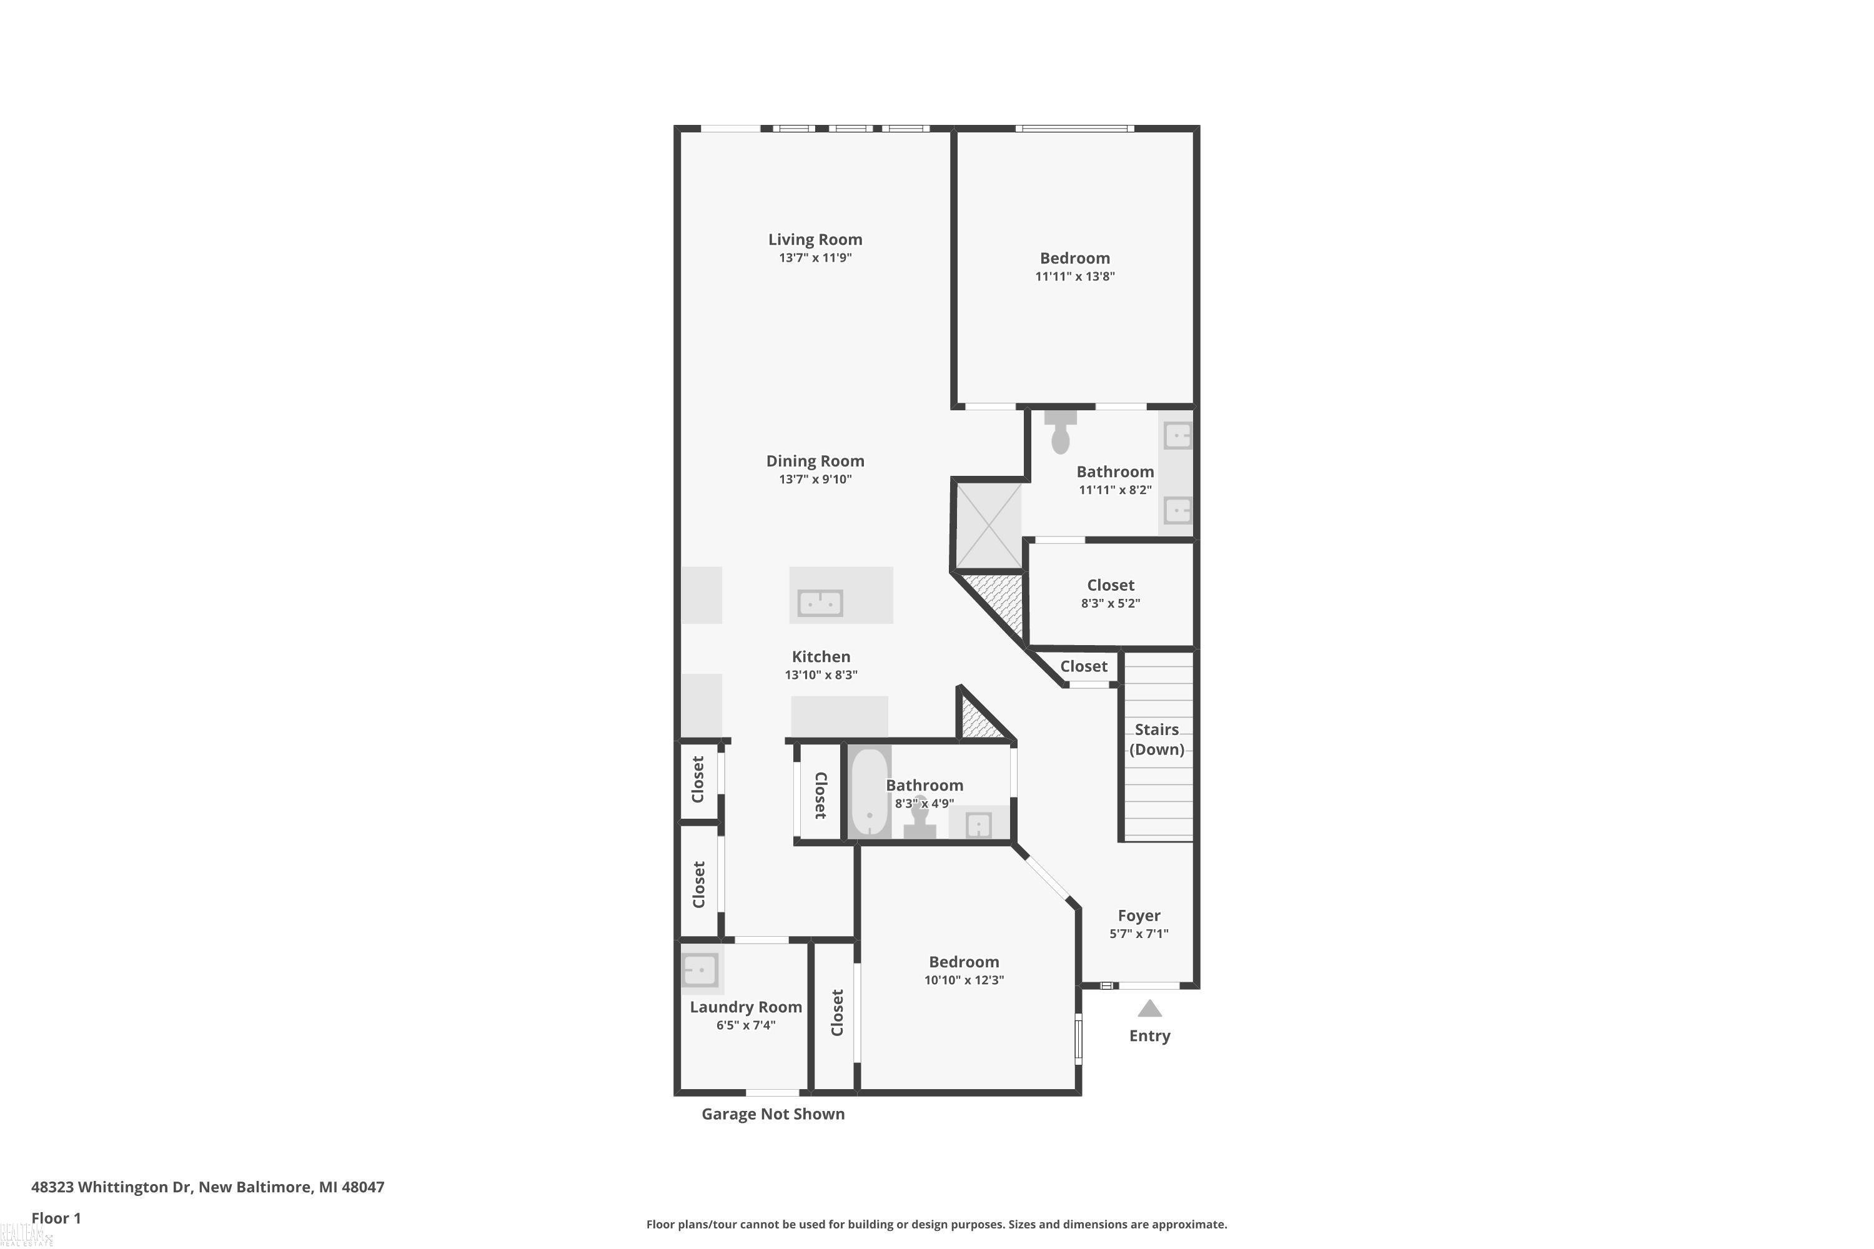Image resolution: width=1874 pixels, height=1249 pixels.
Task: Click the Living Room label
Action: tap(815, 239)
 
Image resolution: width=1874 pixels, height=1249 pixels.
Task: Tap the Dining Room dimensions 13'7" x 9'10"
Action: tap(815, 479)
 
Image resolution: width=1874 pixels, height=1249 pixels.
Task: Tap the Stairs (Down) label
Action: tap(1157, 739)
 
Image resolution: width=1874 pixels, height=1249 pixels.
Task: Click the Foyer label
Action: tap(1139, 916)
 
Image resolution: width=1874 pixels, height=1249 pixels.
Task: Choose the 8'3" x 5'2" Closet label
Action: tap(1111, 585)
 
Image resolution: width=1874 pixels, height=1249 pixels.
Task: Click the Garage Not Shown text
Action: tap(773, 1113)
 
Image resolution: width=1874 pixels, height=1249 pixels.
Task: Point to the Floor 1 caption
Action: tap(56, 1218)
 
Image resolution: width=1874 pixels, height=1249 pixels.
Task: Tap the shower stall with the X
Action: tap(989, 526)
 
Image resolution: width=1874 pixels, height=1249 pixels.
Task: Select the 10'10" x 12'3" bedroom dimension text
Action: tap(964, 980)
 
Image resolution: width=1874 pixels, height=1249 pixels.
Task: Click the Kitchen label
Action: tap(821, 656)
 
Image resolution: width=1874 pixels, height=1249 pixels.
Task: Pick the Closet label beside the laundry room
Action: tap(836, 1012)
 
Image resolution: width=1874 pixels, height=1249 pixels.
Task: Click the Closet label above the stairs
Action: tap(1084, 666)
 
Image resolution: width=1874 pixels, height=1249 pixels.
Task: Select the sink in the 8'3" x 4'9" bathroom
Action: tap(978, 824)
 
